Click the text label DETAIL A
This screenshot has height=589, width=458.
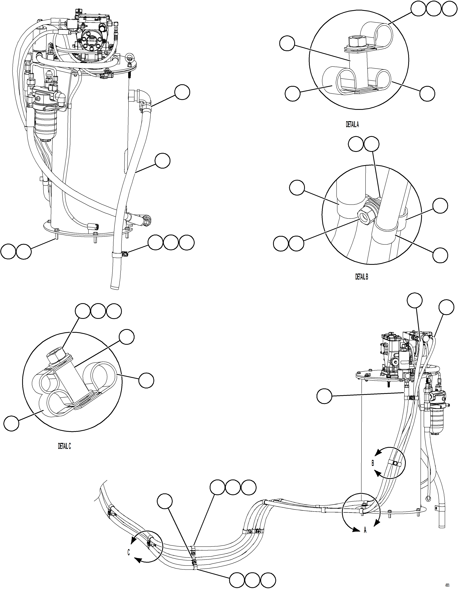352,124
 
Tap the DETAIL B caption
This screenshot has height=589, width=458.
361,277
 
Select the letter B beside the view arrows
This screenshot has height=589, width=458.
373,463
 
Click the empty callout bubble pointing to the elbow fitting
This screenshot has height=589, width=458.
182,93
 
